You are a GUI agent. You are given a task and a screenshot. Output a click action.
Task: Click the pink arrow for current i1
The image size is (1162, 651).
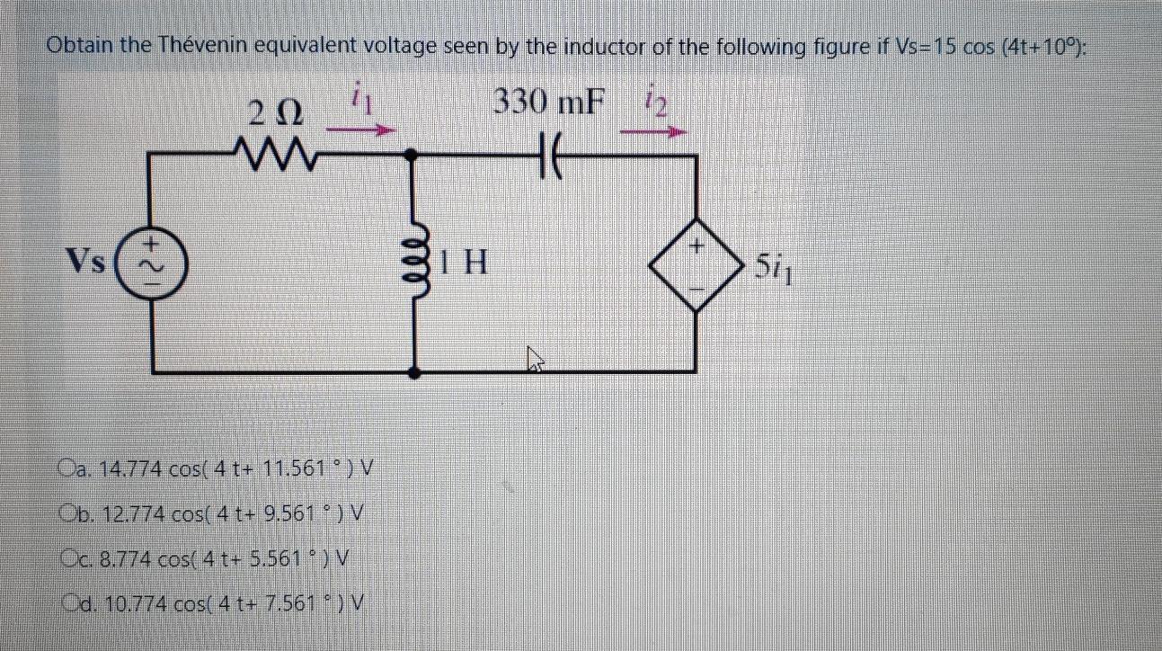pos(360,130)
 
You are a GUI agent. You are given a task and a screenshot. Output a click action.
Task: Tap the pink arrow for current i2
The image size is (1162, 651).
pos(653,131)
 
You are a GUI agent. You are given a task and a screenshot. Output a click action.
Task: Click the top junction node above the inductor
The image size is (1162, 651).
pos(413,155)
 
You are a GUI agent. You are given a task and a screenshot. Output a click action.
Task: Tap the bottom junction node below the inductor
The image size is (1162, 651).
pos(413,370)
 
